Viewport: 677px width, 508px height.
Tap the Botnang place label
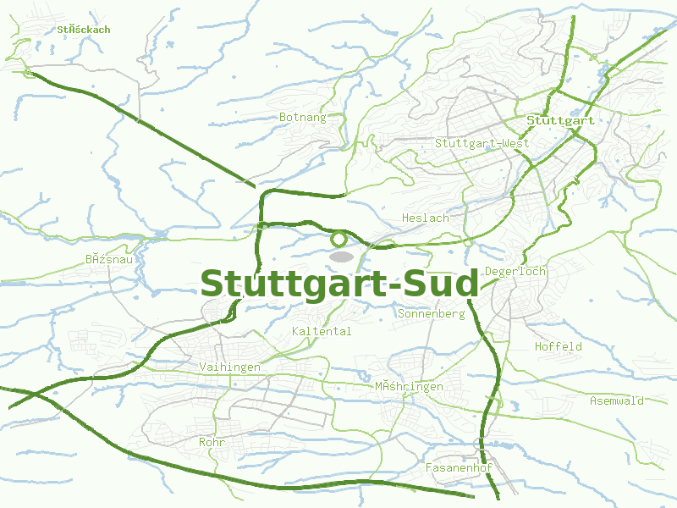(302, 118)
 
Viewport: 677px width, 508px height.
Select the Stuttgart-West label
(482, 143)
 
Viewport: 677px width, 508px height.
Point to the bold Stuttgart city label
(559, 121)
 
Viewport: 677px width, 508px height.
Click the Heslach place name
(425, 218)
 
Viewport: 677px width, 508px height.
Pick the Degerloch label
(515, 272)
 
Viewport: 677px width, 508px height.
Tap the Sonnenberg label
(431, 314)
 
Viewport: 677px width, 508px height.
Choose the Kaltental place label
(321, 332)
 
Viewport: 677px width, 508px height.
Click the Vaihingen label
(229, 367)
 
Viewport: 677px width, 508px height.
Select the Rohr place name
(210, 443)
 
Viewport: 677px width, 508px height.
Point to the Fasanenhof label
(459, 468)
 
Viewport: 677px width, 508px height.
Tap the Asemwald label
(616, 401)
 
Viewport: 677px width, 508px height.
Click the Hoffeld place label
(558, 347)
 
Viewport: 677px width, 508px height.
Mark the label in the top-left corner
(84, 30)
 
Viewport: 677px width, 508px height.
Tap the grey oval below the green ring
(341, 256)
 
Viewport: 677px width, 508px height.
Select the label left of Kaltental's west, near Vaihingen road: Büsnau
(109, 259)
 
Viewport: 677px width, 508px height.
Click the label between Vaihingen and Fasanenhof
(409, 387)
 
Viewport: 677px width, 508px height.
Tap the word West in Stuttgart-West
(514, 143)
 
